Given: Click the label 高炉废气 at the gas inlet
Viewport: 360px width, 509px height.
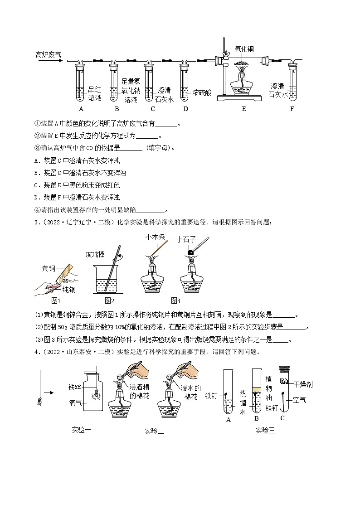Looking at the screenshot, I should pyautogui.click(x=48, y=55).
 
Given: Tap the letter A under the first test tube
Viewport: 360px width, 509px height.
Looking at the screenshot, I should pyautogui.click(x=81, y=109).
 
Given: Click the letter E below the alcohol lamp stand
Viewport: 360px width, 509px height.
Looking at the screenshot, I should pyautogui.click(x=244, y=109).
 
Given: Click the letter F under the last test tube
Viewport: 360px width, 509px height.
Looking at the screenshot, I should pyautogui.click(x=292, y=109).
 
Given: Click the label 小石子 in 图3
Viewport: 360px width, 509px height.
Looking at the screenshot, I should pyautogui.click(x=186, y=239).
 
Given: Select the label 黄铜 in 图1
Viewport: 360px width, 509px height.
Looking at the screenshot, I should pyautogui.click(x=44, y=268).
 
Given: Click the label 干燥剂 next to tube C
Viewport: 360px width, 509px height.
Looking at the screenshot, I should pyautogui.click(x=303, y=384).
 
